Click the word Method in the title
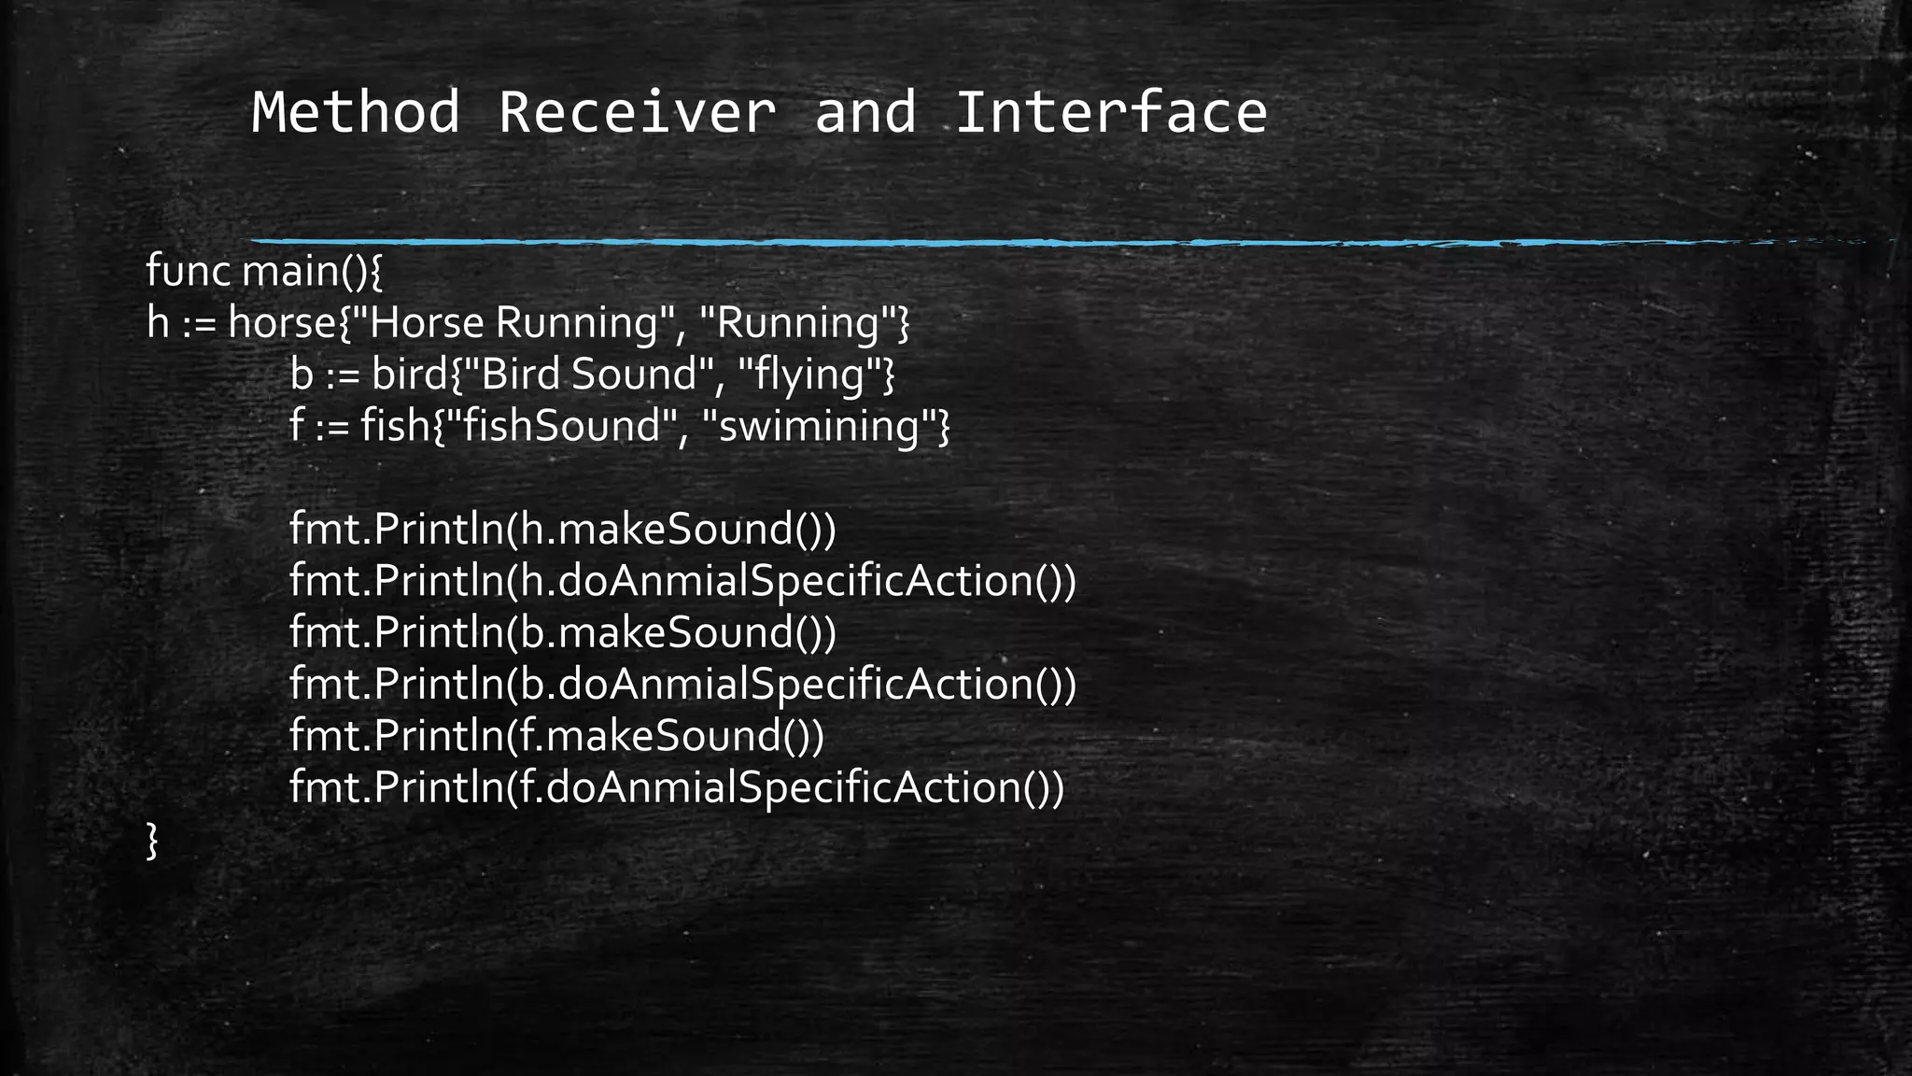point(356,112)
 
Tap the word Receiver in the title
point(637,112)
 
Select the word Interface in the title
point(1111,112)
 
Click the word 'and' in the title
point(865,112)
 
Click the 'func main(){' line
point(265,272)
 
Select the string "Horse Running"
point(512,323)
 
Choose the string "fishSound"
point(560,426)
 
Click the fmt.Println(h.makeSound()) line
point(563,530)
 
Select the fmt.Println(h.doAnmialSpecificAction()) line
point(682,581)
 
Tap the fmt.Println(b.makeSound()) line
point(563,632)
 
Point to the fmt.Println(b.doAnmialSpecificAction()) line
point(682,684)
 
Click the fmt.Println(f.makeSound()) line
point(557,735)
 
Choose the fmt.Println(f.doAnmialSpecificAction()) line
point(677,787)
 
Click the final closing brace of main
point(153,840)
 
